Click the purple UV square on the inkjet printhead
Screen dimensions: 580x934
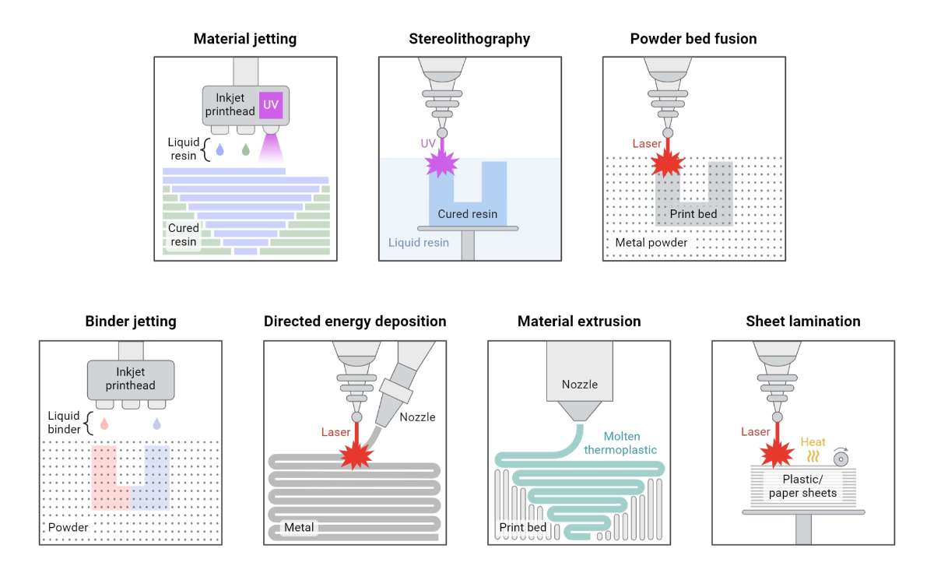coord(270,105)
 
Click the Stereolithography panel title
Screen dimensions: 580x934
coord(469,38)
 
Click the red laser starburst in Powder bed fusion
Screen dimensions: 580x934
coord(667,164)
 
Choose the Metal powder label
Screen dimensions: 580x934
coord(651,242)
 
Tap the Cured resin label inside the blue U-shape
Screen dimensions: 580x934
coord(467,214)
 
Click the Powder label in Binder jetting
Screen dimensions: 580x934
coord(68,527)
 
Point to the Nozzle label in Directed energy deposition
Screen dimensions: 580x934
coord(417,417)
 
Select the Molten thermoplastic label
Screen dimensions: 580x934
coord(628,443)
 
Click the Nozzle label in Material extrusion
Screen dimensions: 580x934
coord(578,384)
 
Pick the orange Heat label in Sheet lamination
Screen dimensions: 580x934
coord(813,441)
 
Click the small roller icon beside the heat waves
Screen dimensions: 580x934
coord(841,454)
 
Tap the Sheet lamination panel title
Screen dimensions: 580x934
coord(803,321)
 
